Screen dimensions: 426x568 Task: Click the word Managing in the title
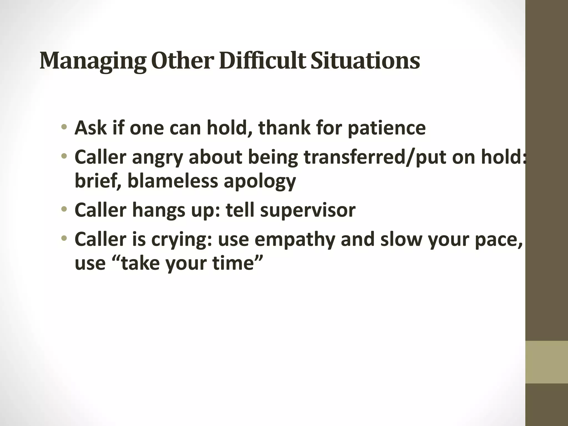(x=93, y=61)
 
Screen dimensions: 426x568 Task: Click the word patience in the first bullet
(x=386, y=128)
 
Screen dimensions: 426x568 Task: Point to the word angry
(x=158, y=158)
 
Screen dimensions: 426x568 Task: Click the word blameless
(x=173, y=181)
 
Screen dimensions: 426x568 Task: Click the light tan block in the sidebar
(x=546, y=362)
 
